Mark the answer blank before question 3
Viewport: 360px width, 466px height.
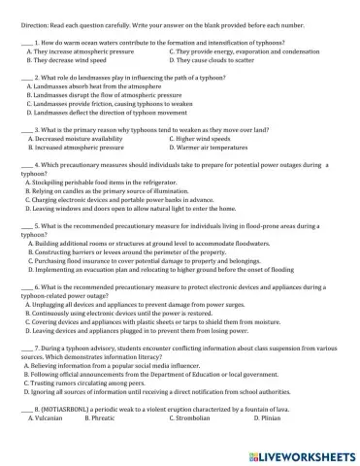tap(26, 129)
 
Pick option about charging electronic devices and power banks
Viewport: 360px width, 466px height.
tap(115, 199)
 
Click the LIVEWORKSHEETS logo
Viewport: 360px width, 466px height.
tap(299, 454)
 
